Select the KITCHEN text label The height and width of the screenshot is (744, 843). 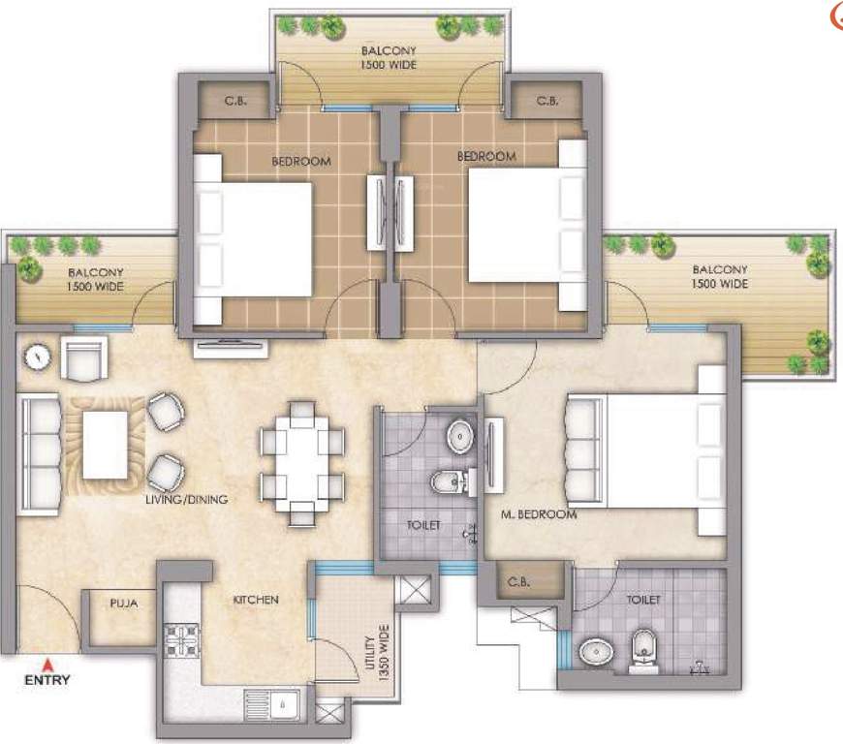255,600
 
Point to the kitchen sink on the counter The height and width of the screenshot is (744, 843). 275,702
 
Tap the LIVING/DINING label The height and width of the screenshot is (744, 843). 186,500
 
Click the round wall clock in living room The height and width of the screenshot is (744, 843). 37,356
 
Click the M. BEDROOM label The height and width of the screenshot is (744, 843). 538,514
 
